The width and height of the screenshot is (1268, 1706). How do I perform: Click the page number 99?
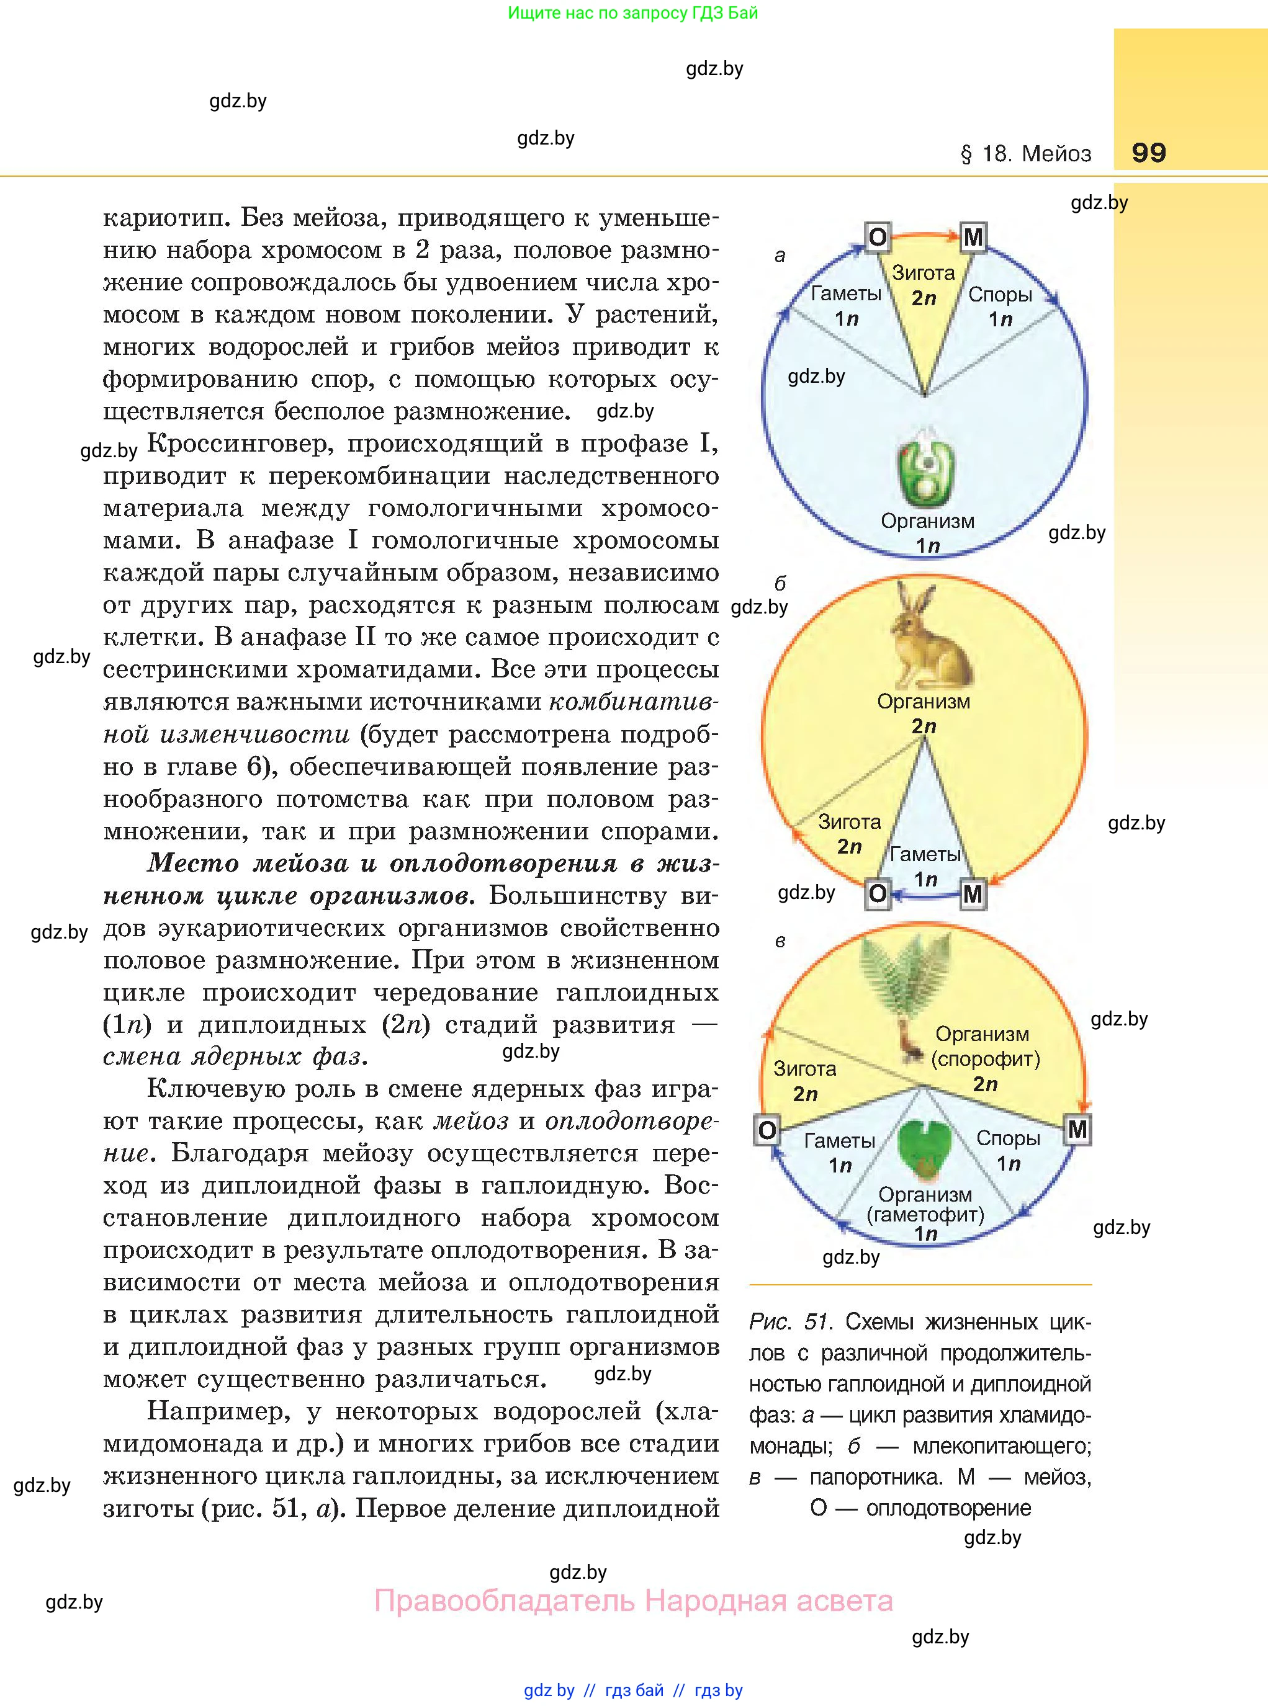click(x=1148, y=152)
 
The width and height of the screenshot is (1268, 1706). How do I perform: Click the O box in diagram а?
click(x=878, y=237)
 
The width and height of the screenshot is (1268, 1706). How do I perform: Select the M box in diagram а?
click(x=973, y=237)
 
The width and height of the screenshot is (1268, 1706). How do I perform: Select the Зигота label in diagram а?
click(x=924, y=273)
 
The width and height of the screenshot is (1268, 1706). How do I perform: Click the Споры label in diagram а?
click(x=1000, y=295)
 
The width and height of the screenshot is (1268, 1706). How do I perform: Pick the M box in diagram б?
click(x=973, y=894)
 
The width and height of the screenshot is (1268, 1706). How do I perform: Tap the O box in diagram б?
click(x=878, y=894)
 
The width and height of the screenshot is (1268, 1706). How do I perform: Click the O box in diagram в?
click(x=767, y=1130)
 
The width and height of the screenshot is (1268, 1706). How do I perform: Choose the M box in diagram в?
click(x=1077, y=1129)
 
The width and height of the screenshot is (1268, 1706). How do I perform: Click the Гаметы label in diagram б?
click(x=925, y=854)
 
